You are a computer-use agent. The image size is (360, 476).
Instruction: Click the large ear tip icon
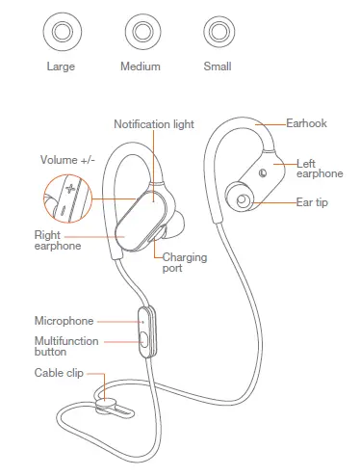coord(63,33)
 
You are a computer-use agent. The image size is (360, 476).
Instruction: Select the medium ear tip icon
coord(140,33)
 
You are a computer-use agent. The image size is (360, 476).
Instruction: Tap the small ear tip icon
coord(217,33)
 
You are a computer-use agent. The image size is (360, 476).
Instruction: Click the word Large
coord(62,66)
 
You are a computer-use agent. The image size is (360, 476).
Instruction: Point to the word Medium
coord(140,66)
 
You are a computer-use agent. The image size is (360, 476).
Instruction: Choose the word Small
coord(217,66)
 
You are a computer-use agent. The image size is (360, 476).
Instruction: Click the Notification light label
coord(155,124)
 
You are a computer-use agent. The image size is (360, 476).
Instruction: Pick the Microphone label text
coord(64,320)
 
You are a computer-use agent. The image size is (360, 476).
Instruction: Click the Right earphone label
coord(55,240)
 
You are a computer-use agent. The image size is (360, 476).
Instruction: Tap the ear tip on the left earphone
coord(240,200)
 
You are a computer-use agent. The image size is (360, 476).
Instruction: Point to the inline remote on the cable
coord(144,331)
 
